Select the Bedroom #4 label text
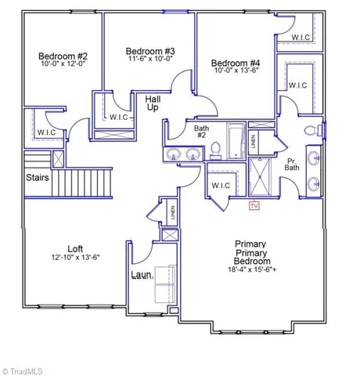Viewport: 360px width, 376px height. click(x=234, y=63)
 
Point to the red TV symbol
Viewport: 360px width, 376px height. click(x=253, y=206)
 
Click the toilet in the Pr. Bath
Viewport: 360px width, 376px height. click(x=308, y=130)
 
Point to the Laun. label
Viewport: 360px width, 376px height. click(x=142, y=276)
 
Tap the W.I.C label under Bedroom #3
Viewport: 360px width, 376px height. click(x=118, y=117)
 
